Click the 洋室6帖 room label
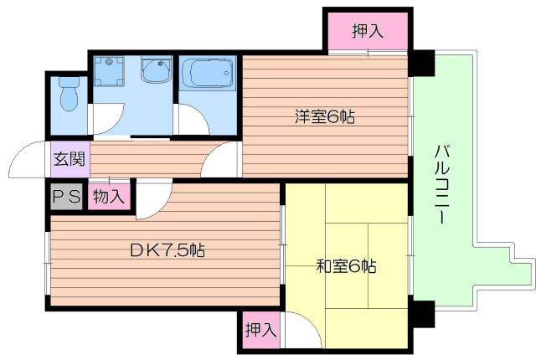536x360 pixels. tap(324, 117)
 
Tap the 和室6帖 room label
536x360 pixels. tap(345, 267)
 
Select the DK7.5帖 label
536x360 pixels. tap(166, 249)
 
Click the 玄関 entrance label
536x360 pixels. tap(67, 159)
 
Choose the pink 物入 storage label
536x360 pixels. tap(108, 198)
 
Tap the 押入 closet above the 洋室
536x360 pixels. tap(367, 32)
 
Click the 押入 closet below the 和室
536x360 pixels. tap(260, 329)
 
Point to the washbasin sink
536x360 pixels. tap(155, 71)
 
